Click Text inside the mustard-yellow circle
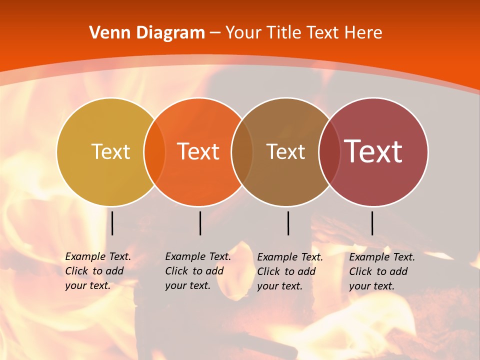click(x=110, y=151)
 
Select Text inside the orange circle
click(x=198, y=151)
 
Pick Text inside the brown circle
click(x=285, y=151)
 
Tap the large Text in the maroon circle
click(x=373, y=151)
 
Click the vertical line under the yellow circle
click(x=112, y=223)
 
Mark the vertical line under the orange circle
click(x=200, y=223)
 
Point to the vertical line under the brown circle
click(x=288, y=223)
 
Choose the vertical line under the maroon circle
click(x=372, y=223)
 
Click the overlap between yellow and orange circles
click(x=154, y=151)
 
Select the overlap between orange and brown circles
click(x=242, y=151)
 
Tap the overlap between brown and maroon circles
click(x=329, y=151)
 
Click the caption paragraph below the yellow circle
click(x=98, y=271)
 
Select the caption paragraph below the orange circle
click(x=198, y=271)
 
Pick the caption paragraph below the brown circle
click(x=290, y=271)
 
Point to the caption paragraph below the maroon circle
click(x=382, y=271)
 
